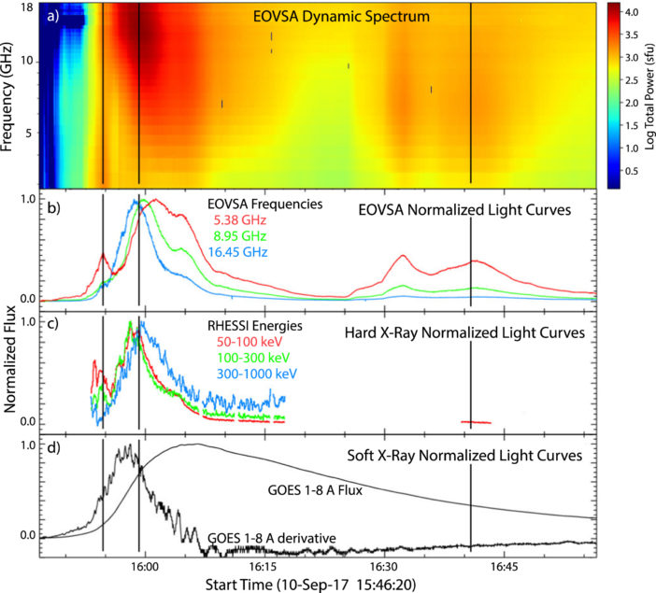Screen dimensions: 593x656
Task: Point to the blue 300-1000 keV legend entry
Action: [253, 373]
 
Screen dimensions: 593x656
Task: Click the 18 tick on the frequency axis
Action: [28, 7]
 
